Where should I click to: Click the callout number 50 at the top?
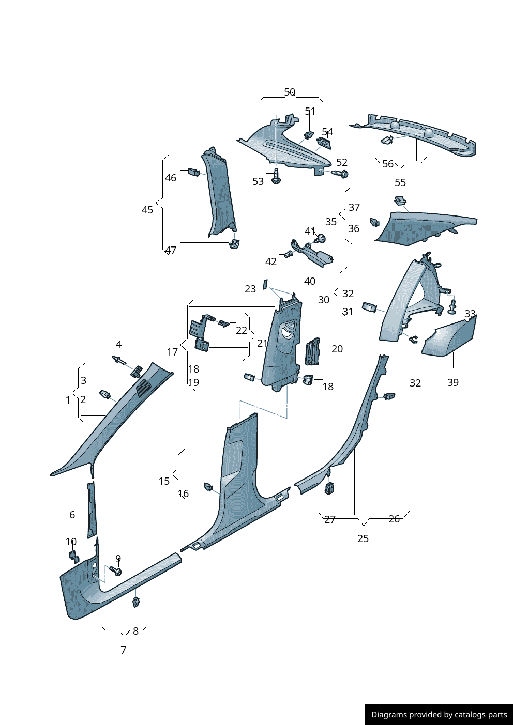pyautogui.click(x=290, y=92)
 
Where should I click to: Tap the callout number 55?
pyautogui.click(x=400, y=182)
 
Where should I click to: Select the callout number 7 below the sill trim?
pyautogui.click(x=123, y=650)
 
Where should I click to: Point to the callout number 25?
pyautogui.click(x=363, y=538)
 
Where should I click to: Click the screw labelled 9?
pyautogui.click(x=116, y=570)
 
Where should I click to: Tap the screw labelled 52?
pyautogui.click(x=340, y=173)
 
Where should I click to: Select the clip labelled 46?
pyautogui.click(x=193, y=172)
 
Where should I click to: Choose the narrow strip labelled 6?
pyautogui.click(x=92, y=510)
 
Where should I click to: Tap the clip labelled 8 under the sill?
pyautogui.click(x=137, y=601)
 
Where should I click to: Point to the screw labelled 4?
pyautogui.click(x=118, y=359)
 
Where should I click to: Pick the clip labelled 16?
pyautogui.click(x=208, y=486)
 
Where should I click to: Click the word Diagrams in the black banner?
pyautogui.click(x=388, y=715)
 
